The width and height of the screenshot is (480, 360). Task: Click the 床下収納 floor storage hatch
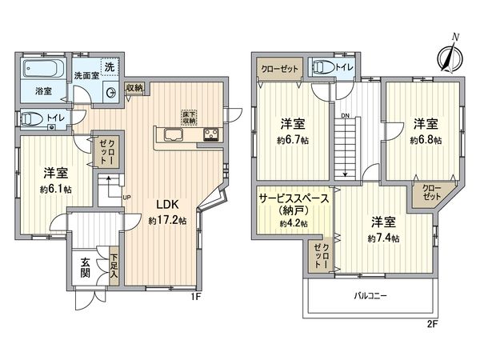pyautogui.click(x=189, y=115)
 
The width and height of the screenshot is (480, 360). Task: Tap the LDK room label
pyautogui.click(x=167, y=203)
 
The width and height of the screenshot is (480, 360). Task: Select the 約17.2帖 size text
pyautogui.click(x=169, y=220)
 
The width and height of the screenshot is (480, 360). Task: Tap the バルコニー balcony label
pyautogui.click(x=370, y=295)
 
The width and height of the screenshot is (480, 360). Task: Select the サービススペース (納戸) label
pyautogui.click(x=292, y=205)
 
